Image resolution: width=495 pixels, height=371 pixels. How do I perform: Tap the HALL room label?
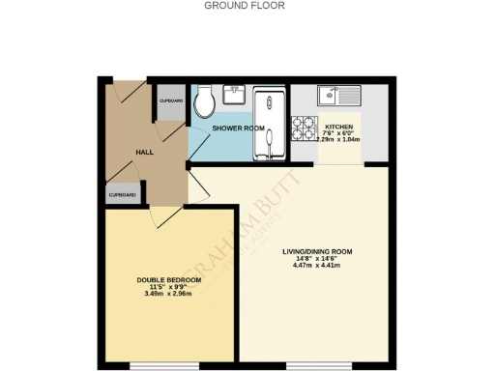[145, 152]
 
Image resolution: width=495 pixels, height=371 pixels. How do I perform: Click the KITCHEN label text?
[338, 128]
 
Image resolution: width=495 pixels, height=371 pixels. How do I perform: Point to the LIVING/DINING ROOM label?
[317, 252]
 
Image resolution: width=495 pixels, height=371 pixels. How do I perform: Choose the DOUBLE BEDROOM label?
[169, 280]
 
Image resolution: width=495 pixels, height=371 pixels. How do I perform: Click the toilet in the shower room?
[205, 102]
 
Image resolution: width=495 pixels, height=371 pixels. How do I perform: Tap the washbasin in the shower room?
[234, 95]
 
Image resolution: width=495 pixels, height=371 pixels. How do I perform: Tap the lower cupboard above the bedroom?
[122, 193]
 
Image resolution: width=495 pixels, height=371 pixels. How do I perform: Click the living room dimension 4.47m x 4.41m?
[317, 267]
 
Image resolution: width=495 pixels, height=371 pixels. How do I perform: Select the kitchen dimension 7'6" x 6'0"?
[338, 134]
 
